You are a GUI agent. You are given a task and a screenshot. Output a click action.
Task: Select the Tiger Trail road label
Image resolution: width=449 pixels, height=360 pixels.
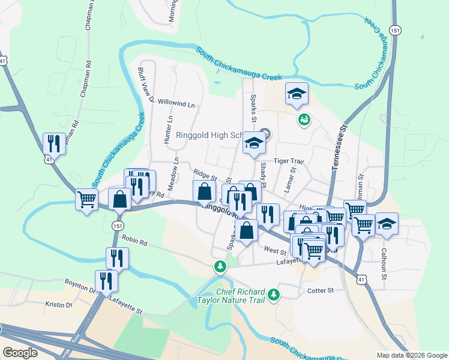(289, 161)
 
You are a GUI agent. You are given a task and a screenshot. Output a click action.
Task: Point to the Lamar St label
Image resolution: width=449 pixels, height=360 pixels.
(294, 178)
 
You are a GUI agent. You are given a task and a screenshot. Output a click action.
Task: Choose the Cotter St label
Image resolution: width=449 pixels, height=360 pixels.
(321, 290)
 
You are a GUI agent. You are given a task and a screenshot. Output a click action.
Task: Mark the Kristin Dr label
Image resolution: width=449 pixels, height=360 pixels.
(59, 305)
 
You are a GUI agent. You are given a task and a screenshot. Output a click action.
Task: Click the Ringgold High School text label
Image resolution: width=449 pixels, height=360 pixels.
(210, 135)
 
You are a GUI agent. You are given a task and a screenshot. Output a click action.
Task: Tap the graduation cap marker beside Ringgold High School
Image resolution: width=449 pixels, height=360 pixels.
(255, 145)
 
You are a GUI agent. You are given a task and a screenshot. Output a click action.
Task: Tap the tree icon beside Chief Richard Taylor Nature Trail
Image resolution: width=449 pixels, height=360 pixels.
(274, 294)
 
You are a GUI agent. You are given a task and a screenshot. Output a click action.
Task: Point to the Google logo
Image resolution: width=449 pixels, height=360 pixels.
(20, 352)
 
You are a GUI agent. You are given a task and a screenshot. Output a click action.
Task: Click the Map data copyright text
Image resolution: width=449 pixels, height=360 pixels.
(411, 355)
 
